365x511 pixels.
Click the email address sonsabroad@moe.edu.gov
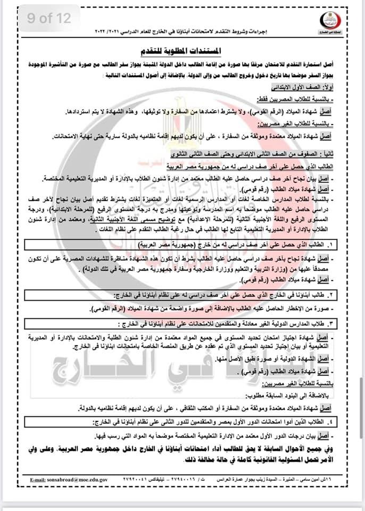(77, 480)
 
